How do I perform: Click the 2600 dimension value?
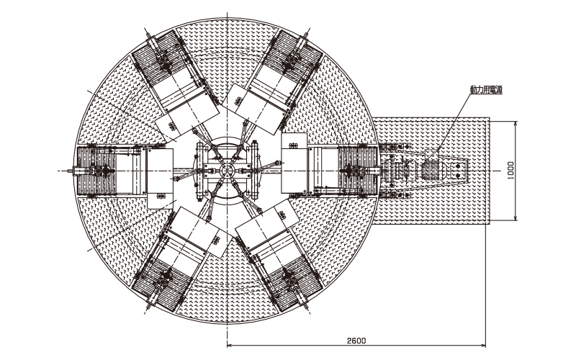tap(356, 341)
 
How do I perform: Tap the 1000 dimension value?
tap(511, 171)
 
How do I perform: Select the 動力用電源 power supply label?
tap(486, 89)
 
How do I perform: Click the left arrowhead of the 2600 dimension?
tap(230, 346)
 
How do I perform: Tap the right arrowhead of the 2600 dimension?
tap(483, 346)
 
